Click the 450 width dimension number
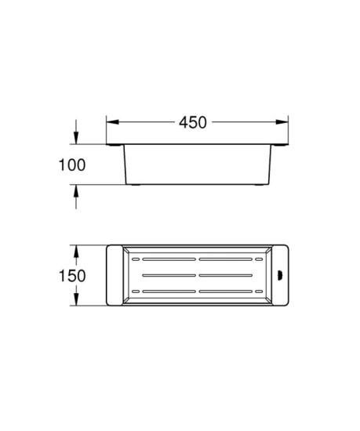pyautogui.click(x=193, y=122)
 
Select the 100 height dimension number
pyautogui.click(x=71, y=165)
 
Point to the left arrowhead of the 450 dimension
pyautogui.click(x=111, y=122)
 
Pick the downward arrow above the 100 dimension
pyautogui.click(x=76, y=136)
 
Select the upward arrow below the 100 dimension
pyautogui.click(x=76, y=194)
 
